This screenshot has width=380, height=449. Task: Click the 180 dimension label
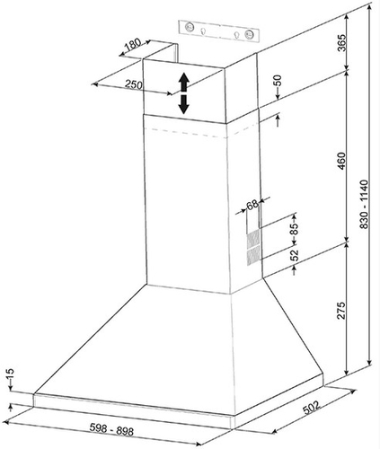(x=132, y=44)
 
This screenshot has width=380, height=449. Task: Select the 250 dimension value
(x=133, y=84)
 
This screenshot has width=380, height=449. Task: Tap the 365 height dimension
(x=341, y=43)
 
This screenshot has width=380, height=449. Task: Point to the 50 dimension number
(x=278, y=80)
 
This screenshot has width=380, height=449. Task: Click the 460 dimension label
(x=341, y=162)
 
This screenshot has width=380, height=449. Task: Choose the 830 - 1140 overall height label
(x=364, y=204)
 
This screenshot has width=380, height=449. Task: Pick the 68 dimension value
(x=252, y=205)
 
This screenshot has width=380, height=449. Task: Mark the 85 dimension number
(x=294, y=229)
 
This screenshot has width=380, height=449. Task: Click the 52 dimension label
(x=295, y=254)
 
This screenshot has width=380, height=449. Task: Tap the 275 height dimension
(x=341, y=311)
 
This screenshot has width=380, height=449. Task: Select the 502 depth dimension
(x=311, y=408)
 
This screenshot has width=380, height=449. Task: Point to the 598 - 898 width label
(x=111, y=430)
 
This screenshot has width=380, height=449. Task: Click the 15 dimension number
(x=10, y=374)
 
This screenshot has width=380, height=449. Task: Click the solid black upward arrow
(x=183, y=82)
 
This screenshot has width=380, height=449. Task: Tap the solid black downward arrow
(x=183, y=104)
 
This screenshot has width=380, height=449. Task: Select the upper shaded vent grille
(x=253, y=240)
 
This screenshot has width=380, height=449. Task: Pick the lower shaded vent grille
(x=253, y=258)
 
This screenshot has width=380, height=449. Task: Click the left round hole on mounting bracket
(x=190, y=27)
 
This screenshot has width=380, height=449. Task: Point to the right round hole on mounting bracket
(x=249, y=33)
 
